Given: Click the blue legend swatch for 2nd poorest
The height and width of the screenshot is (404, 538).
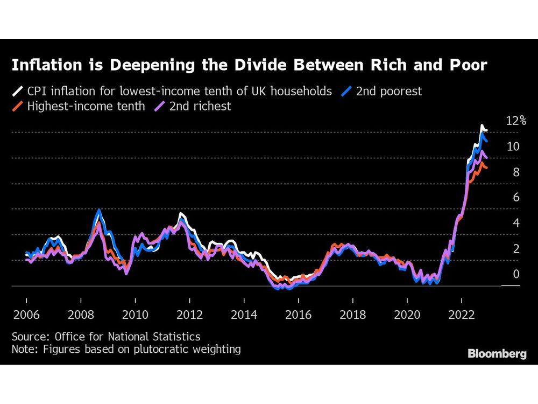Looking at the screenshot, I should point(345,91).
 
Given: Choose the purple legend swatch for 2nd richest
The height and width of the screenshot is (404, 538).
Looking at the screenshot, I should point(159,106).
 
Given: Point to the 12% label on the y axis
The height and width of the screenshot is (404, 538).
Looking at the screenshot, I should point(515,121).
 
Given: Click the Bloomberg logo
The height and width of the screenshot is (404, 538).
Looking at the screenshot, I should point(497,354).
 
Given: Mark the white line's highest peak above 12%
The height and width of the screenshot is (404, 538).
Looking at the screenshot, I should point(482,126).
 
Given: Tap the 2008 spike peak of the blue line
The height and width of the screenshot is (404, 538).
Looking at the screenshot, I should point(98,210).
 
